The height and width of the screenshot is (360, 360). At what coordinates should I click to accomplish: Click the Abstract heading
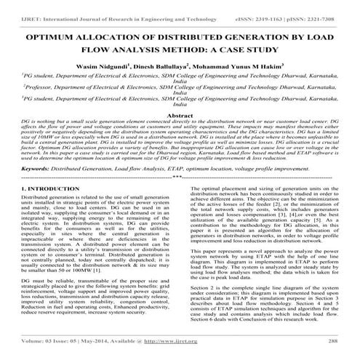pos(180,116)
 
